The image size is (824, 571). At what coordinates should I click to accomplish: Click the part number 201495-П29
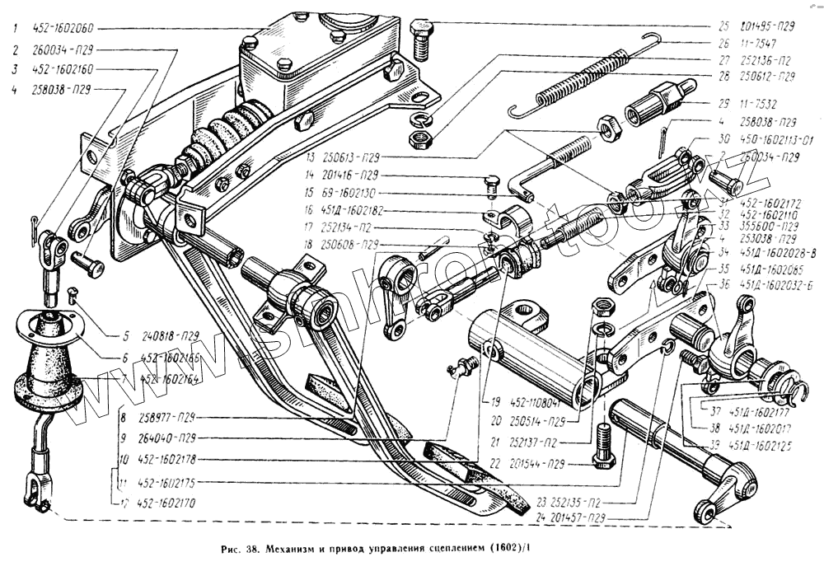[767, 26]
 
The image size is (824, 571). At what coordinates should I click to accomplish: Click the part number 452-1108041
[542, 404]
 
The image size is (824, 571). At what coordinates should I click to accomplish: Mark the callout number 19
[496, 404]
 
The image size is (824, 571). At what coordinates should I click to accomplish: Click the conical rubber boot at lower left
[50, 363]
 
